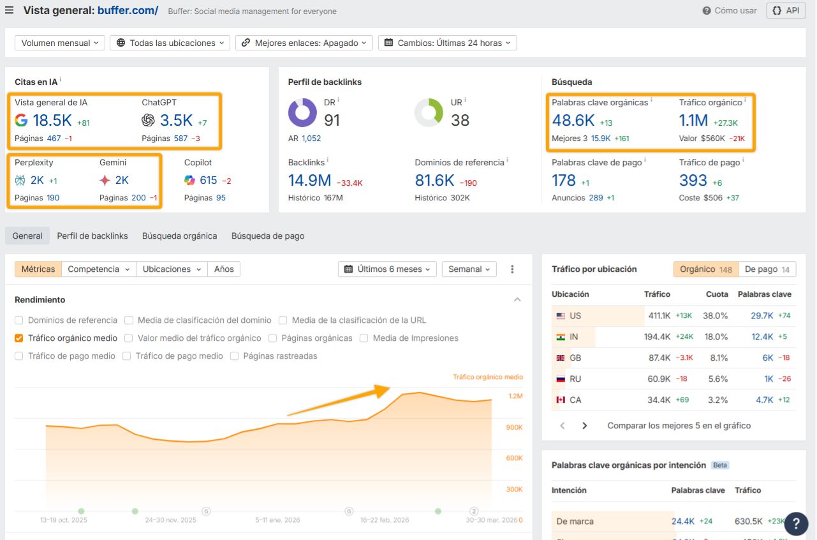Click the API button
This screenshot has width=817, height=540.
(x=786, y=11)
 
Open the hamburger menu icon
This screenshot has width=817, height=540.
(x=10, y=10)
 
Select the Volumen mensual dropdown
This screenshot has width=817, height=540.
(x=60, y=43)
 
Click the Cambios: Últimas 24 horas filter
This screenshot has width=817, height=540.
(x=447, y=43)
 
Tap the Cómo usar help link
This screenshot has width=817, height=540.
(x=730, y=11)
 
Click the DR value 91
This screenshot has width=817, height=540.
(x=332, y=120)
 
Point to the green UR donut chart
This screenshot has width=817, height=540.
(x=429, y=113)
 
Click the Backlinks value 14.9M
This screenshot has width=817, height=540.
(x=309, y=181)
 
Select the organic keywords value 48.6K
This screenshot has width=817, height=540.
(x=573, y=120)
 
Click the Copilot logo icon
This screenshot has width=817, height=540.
(x=189, y=181)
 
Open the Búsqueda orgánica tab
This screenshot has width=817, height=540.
(x=179, y=236)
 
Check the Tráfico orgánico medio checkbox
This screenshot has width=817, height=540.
(x=19, y=338)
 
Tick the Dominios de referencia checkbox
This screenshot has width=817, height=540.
(x=19, y=320)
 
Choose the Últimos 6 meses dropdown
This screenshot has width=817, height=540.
(x=388, y=269)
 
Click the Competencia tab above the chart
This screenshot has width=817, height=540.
(x=99, y=269)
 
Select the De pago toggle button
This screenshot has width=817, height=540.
(x=767, y=269)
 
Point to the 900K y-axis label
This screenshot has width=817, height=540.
(x=515, y=427)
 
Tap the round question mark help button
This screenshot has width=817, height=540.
(x=796, y=523)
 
